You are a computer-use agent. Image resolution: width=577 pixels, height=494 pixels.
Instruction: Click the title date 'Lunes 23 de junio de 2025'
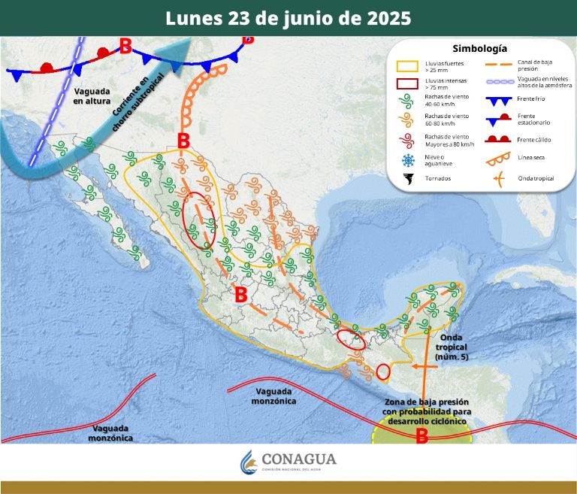click(x=288, y=18)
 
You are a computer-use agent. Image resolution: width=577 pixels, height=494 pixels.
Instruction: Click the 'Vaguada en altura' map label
click(x=92, y=95)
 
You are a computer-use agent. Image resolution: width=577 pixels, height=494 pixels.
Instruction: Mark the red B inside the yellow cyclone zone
click(x=421, y=434)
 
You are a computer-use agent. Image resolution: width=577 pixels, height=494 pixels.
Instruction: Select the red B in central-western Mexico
click(x=240, y=295)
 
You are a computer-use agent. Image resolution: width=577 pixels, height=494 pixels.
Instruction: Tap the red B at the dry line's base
click(x=183, y=141)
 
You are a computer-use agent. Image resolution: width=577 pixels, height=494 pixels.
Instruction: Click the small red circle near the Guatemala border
click(x=383, y=371)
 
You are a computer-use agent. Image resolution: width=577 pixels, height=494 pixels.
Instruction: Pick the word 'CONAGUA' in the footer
click(x=299, y=459)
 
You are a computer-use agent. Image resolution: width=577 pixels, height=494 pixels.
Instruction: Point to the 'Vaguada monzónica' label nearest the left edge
click(x=111, y=432)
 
